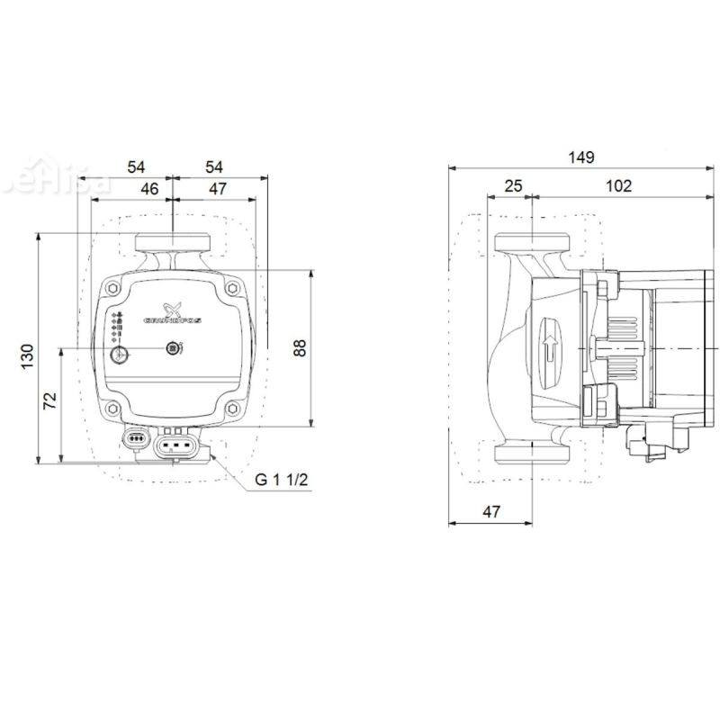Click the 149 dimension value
coord(582,157)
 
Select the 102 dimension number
coord(618,185)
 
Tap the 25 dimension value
coord(513,185)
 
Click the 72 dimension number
coord(50,399)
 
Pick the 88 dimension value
coord(300,348)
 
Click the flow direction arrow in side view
coord(551,346)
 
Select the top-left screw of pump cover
coord(112,288)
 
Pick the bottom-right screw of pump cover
coord(234,409)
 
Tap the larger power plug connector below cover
coord(176,444)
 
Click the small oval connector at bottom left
coord(138,439)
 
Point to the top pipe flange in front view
coord(172,243)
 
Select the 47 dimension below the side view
coord(491,511)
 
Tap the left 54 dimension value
coord(136,166)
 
